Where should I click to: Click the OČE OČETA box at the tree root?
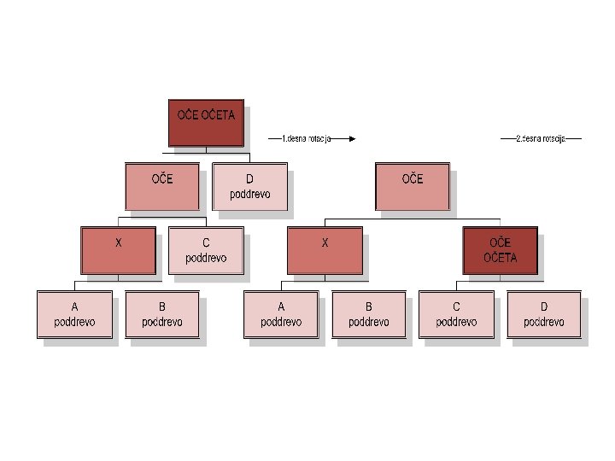tap(206, 122)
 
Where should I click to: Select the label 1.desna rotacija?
tap(306, 137)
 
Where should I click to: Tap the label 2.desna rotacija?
tap(541, 137)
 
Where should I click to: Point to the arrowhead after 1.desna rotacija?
tap(350, 137)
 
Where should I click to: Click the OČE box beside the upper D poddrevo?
tap(162, 187)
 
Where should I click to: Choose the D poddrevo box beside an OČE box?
tap(249, 187)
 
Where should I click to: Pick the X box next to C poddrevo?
tap(119, 250)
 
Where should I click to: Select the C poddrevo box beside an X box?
tap(206, 250)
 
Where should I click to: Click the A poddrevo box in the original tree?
tap(74, 314)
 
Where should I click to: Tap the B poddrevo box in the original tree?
tap(162, 314)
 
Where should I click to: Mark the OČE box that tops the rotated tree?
tap(413, 187)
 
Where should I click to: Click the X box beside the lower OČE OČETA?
tap(325, 250)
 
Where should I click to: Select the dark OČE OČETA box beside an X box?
tap(500, 250)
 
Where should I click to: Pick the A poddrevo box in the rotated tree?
tap(281, 314)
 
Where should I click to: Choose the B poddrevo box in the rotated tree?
tap(369, 314)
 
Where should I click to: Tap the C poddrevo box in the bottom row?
tap(456, 314)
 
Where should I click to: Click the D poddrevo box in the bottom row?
tap(544, 314)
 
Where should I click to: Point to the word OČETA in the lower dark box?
tap(500, 258)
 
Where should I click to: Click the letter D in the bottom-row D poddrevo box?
tap(544, 306)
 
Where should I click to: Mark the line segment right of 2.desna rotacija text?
tap(573, 137)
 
